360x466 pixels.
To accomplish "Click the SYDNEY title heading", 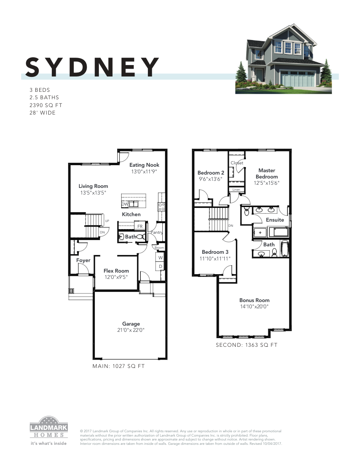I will (x=93, y=67).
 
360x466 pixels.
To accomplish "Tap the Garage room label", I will (x=131, y=324).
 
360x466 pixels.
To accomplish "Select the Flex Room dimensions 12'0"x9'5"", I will (x=116, y=277).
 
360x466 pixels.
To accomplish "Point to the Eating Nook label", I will (x=144, y=165).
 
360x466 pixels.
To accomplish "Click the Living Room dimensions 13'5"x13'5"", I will (x=93, y=193).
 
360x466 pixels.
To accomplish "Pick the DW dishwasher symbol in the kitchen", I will (x=125, y=204).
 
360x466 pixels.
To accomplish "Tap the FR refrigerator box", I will (x=140, y=226).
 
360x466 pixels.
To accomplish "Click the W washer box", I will (x=160, y=258).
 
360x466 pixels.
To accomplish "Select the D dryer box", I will (x=160, y=267).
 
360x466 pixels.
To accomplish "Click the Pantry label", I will (x=157, y=233).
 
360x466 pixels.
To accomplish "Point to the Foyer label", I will (x=83, y=260).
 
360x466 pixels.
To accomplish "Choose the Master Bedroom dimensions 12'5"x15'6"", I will (x=267, y=183).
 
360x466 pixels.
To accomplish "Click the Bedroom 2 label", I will (x=211, y=173).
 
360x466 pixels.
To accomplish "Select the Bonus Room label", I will (x=255, y=300).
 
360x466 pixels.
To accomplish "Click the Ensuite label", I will (x=275, y=220).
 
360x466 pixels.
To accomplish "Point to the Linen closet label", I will (x=236, y=190).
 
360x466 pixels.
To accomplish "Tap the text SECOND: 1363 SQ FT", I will (x=247, y=345).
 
